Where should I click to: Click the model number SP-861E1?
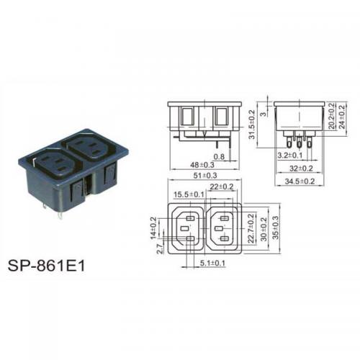pyautogui.click(x=46, y=266)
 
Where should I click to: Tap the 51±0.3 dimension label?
pyautogui.click(x=205, y=176)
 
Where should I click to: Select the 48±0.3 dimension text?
pyautogui.click(x=202, y=165)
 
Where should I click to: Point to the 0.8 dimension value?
pyautogui.click(x=219, y=157)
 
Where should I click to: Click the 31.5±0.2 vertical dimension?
pyautogui.click(x=251, y=125)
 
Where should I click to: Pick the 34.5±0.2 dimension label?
pyautogui.click(x=300, y=181)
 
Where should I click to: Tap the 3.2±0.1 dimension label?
pyautogui.click(x=290, y=156)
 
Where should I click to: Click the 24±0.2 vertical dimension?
pyautogui.click(x=341, y=117)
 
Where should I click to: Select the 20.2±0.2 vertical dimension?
pyautogui.click(x=331, y=116)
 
